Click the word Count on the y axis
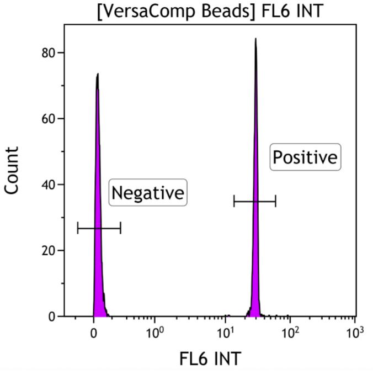point(12,170)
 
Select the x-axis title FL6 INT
point(210,359)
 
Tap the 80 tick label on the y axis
point(49,53)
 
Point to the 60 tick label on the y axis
point(49,119)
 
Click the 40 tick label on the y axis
point(49,185)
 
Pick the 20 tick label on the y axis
point(49,250)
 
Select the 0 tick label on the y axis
point(52,317)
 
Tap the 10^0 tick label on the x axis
point(155,333)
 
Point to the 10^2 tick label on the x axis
point(291,333)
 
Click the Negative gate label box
point(147,193)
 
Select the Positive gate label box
point(305,157)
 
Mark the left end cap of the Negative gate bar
point(78,228)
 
